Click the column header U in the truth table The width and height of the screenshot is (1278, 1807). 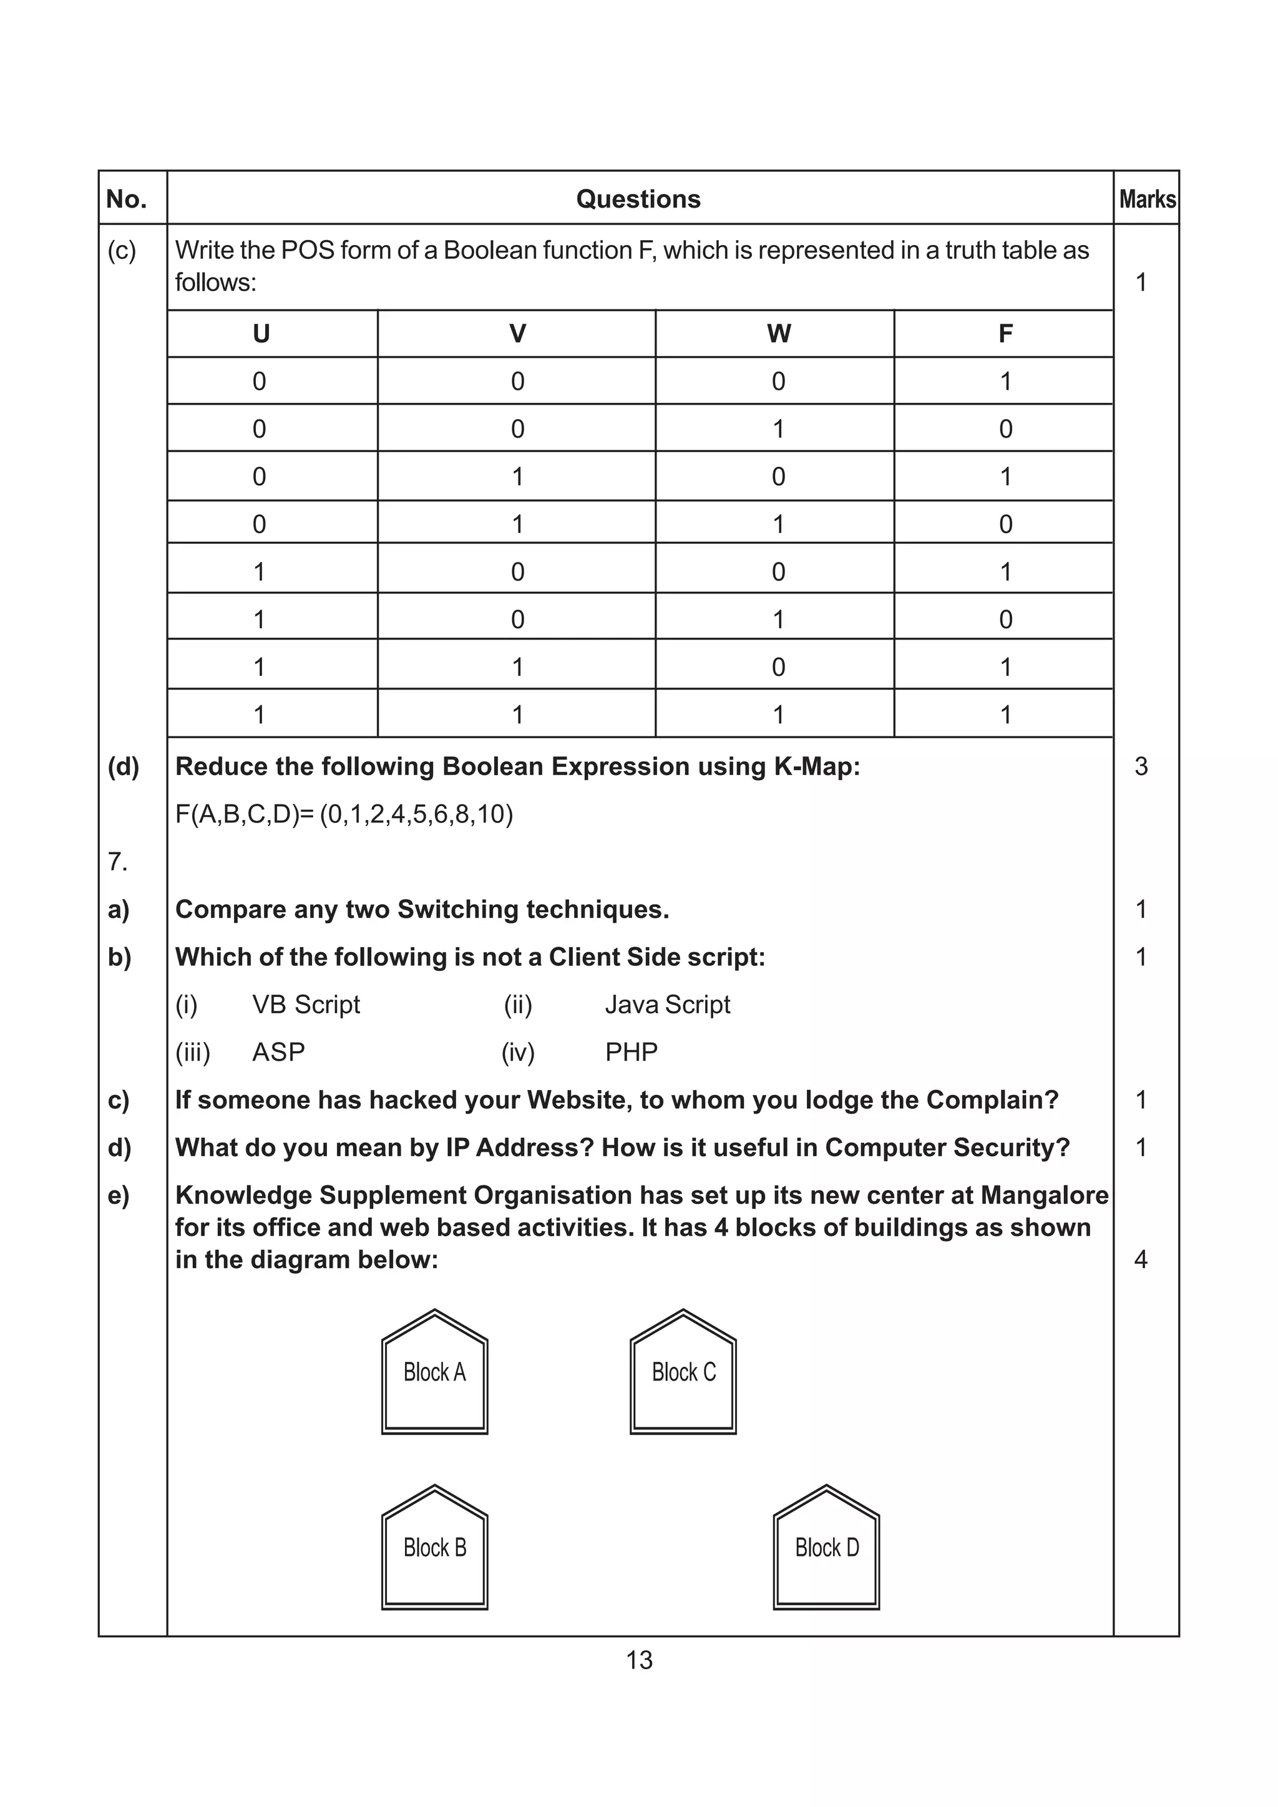[x=261, y=334]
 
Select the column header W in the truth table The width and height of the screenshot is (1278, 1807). [x=778, y=334]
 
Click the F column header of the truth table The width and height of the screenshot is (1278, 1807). [x=1005, y=334]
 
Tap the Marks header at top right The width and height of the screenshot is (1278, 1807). [x=1148, y=199]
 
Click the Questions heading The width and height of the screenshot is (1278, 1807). [x=638, y=199]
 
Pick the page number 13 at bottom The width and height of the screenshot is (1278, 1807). [x=638, y=1660]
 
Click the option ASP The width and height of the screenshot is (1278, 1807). [x=278, y=1053]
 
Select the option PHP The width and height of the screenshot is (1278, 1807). [x=631, y=1053]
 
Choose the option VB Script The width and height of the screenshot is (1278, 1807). [x=306, y=1005]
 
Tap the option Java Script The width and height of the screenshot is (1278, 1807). [x=667, y=1005]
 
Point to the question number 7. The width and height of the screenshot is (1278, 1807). [x=117, y=862]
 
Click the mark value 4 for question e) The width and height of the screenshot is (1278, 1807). [x=1140, y=1260]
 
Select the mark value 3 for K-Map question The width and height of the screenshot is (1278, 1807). [x=1141, y=766]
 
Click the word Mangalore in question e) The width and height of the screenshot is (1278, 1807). [x=1044, y=1195]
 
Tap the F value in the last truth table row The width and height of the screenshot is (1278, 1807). [x=1005, y=715]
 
